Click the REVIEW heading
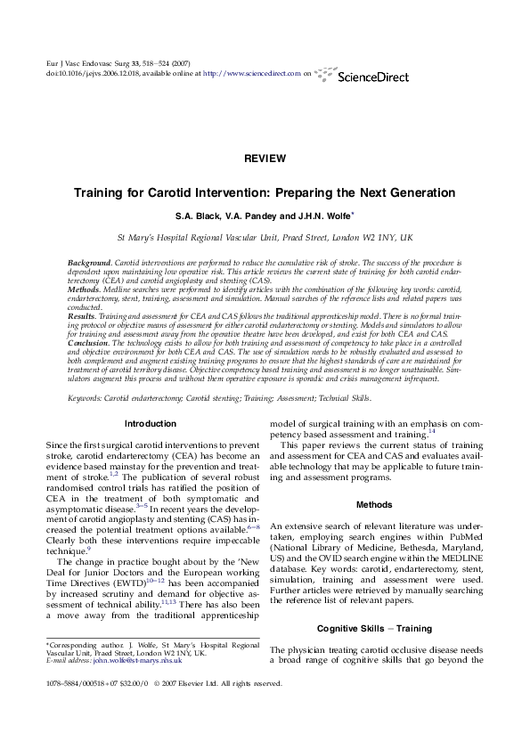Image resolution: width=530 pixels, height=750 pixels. tap(265, 159)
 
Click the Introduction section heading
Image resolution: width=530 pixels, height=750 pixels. tap(150, 423)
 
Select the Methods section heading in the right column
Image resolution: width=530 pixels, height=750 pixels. tap(374, 505)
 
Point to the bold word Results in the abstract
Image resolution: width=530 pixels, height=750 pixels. tap(82, 317)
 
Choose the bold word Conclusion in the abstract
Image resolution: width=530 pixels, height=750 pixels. tap(88, 342)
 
